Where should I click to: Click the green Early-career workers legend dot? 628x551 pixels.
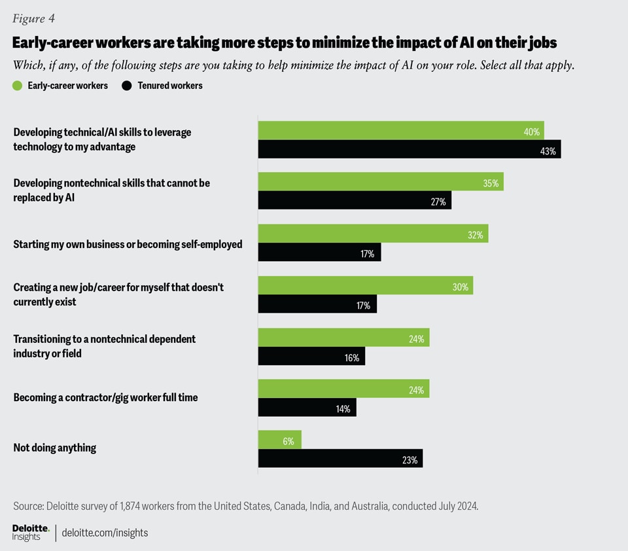(x=18, y=86)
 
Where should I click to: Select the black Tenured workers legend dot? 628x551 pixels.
(x=127, y=86)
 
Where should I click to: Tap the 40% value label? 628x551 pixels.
(x=532, y=132)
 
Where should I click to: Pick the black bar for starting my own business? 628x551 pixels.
(x=319, y=253)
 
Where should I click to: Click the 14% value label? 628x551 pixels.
(x=343, y=409)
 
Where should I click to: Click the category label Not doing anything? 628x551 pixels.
(x=55, y=448)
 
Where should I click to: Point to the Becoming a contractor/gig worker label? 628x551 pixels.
(x=105, y=397)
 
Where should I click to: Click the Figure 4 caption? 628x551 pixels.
(x=38, y=18)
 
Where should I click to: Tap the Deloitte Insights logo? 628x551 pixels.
(x=30, y=532)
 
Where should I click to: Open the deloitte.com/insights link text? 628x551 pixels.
(x=105, y=533)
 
